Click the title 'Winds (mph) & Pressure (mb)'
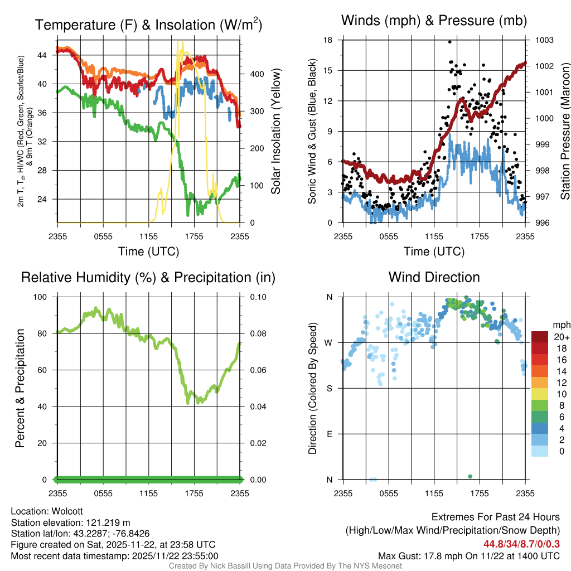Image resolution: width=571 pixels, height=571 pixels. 434,21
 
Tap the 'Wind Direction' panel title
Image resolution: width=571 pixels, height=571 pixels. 434,277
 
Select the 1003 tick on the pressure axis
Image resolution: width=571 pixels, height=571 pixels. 544,40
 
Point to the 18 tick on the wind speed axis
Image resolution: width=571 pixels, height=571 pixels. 328,40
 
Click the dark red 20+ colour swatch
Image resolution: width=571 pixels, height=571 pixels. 541,337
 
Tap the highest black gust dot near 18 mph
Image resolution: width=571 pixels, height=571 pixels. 449,42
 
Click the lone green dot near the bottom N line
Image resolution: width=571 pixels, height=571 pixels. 470,476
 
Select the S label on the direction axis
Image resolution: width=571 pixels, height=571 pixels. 330,388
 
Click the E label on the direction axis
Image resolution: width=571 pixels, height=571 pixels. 330,434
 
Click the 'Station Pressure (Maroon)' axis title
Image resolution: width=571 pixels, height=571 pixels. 565,131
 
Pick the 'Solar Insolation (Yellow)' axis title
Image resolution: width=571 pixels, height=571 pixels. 275,131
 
